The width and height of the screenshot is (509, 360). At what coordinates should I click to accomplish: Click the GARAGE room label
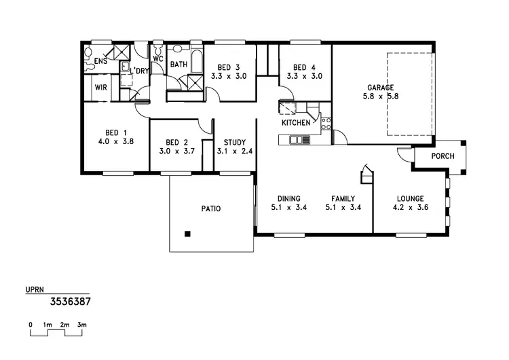click(380, 88)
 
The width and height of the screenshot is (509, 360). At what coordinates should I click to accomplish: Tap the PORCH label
click(443, 156)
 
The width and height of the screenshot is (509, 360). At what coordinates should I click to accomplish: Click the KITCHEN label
click(297, 123)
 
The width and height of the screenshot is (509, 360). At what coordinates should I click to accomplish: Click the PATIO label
click(211, 209)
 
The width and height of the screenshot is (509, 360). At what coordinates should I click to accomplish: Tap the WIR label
click(101, 88)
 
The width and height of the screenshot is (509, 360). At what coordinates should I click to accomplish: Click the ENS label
click(100, 62)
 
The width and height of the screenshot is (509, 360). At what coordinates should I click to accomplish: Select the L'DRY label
click(140, 71)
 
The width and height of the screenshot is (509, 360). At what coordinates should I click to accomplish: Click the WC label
click(157, 58)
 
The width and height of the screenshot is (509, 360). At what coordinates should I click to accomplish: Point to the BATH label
click(178, 65)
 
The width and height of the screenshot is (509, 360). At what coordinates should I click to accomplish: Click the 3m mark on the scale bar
click(82, 325)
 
